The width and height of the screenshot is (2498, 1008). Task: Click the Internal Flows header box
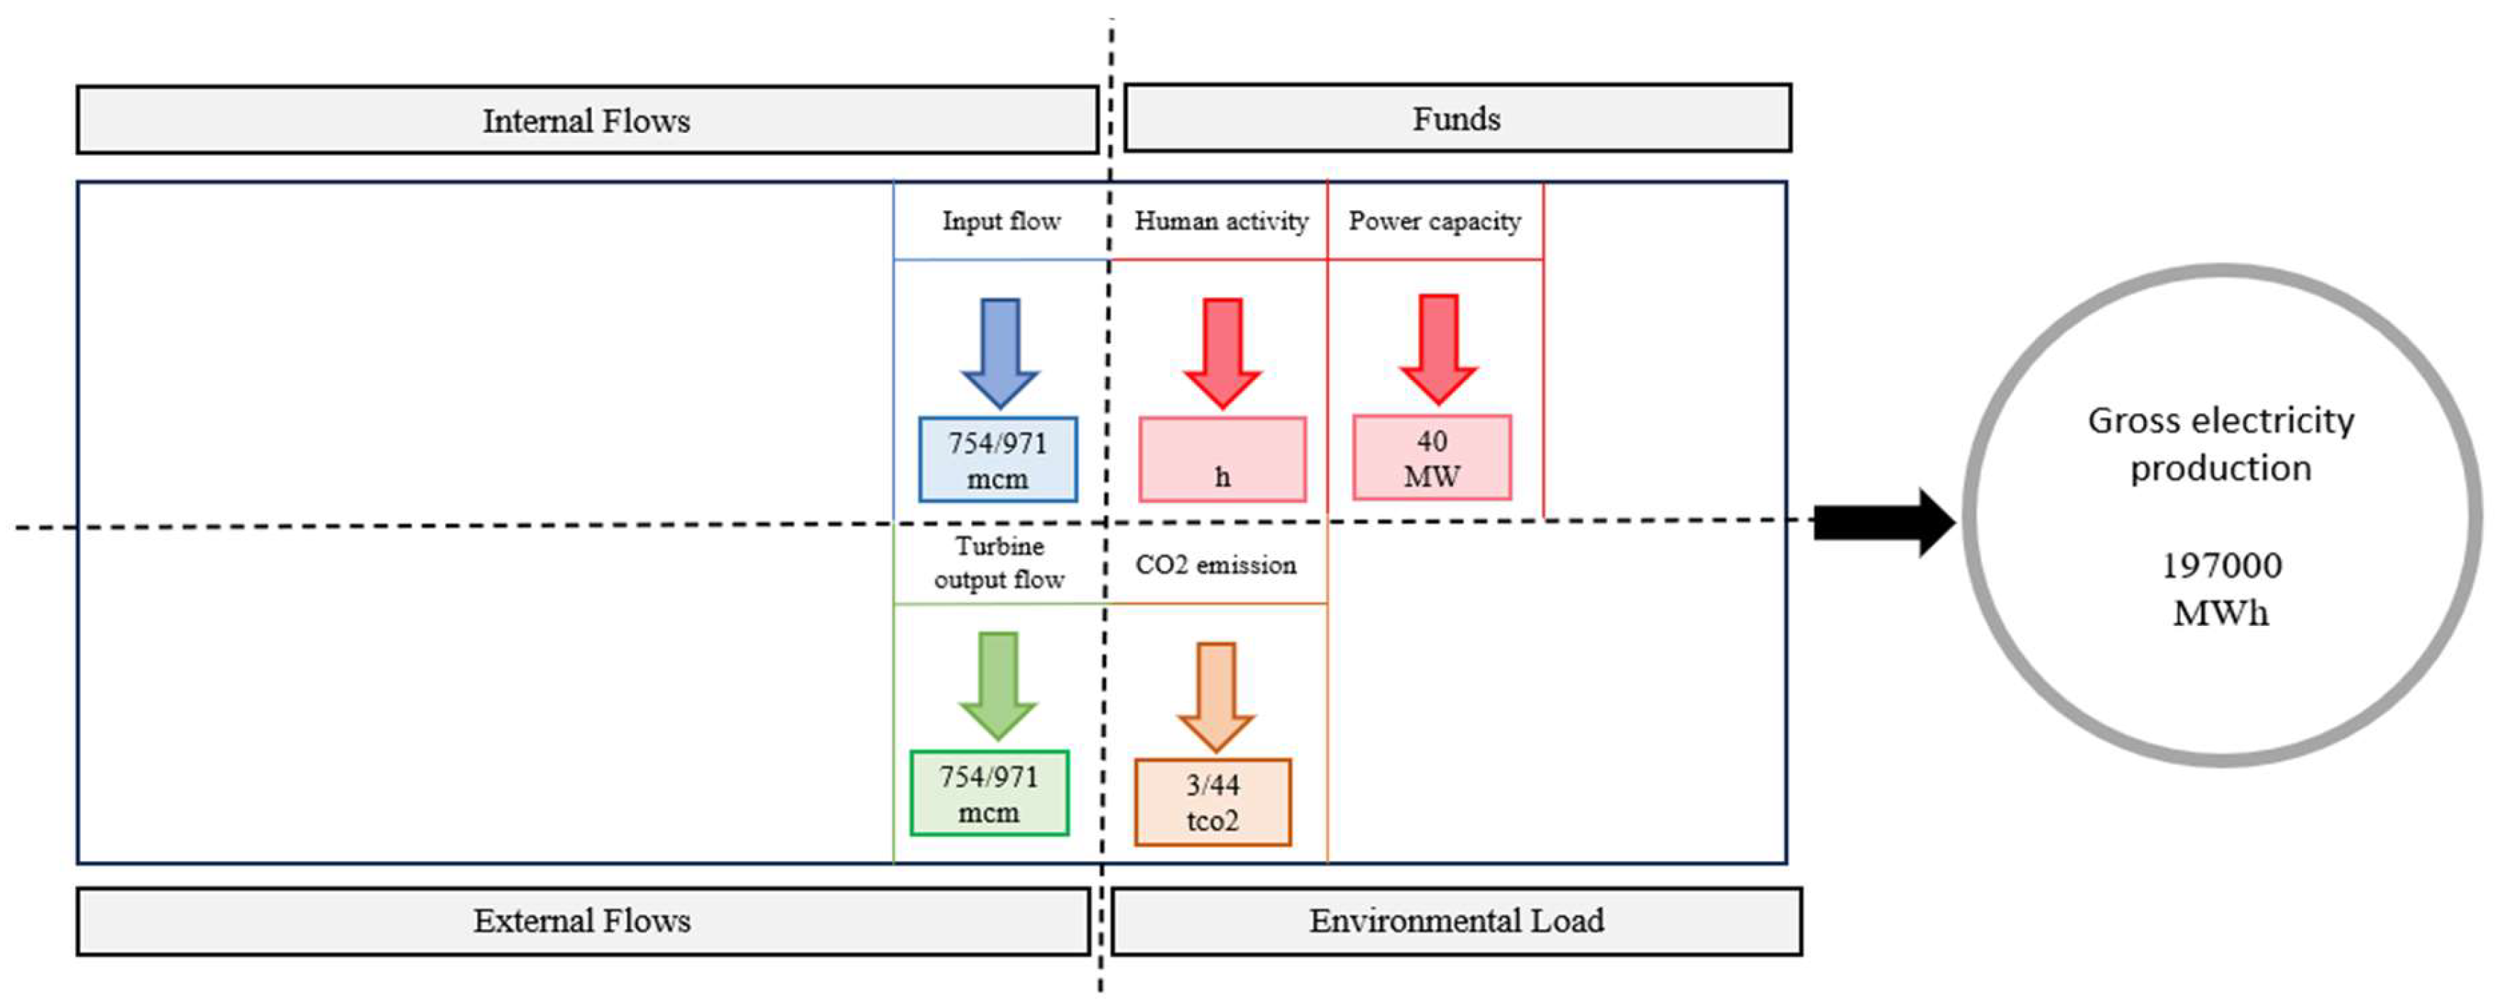pyautogui.click(x=586, y=120)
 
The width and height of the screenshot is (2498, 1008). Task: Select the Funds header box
pyautogui.click(x=1457, y=119)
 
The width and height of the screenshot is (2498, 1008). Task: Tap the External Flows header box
pyautogui.click(x=582, y=921)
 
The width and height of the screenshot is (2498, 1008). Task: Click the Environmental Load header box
pyautogui.click(x=1457, y=921)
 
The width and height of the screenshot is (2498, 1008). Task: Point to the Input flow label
pyautogui.click(x=1001, y=221)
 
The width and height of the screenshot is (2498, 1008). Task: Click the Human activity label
pyautogui.click(x=1221, y=221)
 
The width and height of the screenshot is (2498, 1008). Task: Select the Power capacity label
pyautogui.click(x=1434, y=221)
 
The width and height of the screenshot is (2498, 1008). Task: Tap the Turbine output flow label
pyautogui.click(x=999, y=563)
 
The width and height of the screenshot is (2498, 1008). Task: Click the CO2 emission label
pyautogui.click(x=1215, y=565)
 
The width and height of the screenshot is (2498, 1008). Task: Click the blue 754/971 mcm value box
pyautogui.click(x=998, y=460)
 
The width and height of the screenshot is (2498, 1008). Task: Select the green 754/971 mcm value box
pyautogui.click(x=989, y=793)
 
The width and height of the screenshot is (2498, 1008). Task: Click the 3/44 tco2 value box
pyautogui.click(x=1212, y=802)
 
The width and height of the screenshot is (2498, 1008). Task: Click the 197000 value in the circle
pyautogui.click(x=2220, y=565)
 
